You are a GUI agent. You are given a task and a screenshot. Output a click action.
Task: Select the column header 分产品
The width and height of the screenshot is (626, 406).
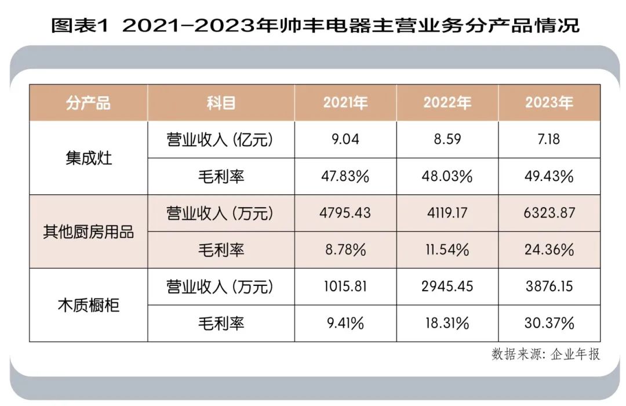click(x=88, y=103)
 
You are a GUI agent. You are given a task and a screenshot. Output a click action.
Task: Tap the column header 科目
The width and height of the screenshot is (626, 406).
click(x=221, y=103)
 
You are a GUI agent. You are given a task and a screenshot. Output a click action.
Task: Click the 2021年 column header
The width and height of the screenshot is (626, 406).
click(x=345, y=103)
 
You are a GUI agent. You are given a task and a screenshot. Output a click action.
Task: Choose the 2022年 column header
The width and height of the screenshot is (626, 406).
click(x=447, y=103)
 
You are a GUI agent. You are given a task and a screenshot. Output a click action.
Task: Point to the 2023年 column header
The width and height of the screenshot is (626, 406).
click(x=549, y=103)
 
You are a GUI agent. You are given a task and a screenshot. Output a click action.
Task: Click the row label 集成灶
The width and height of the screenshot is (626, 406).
click(x=89, y=158)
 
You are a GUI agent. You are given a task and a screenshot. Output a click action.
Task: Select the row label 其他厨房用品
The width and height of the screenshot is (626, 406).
click(x=89, y=231)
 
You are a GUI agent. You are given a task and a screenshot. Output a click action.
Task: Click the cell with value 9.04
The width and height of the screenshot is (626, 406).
click(x=345, y=140)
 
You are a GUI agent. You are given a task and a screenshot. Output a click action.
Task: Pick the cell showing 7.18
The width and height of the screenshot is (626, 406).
click(x=549, y=140)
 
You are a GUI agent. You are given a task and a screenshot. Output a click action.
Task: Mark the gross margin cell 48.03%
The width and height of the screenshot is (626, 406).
click(x=447, y=176)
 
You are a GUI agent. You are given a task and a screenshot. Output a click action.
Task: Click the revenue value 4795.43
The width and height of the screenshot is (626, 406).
click(x=345, y=213)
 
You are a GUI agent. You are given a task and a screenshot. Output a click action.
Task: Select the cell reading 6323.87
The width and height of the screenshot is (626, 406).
click(x=549, y=213)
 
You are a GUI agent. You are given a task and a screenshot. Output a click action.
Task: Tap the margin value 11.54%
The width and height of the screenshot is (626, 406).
click(x=447, y=250)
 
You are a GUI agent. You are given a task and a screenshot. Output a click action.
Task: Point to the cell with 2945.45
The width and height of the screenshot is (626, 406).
click(x=447, y=287)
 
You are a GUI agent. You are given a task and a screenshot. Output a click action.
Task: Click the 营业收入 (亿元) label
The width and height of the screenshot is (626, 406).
click(x=220, y=140)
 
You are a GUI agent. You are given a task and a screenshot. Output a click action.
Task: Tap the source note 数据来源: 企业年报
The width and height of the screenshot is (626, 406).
click(x=545, y=354)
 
